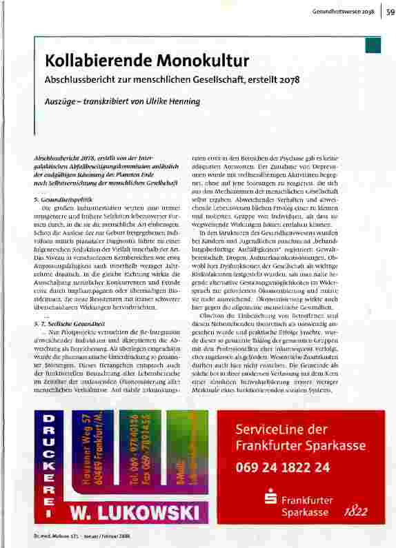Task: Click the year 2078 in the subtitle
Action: [x=290, y=79]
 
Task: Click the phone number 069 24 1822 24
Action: [x=282, y=466]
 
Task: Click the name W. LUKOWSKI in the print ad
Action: [x=138, y=514]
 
